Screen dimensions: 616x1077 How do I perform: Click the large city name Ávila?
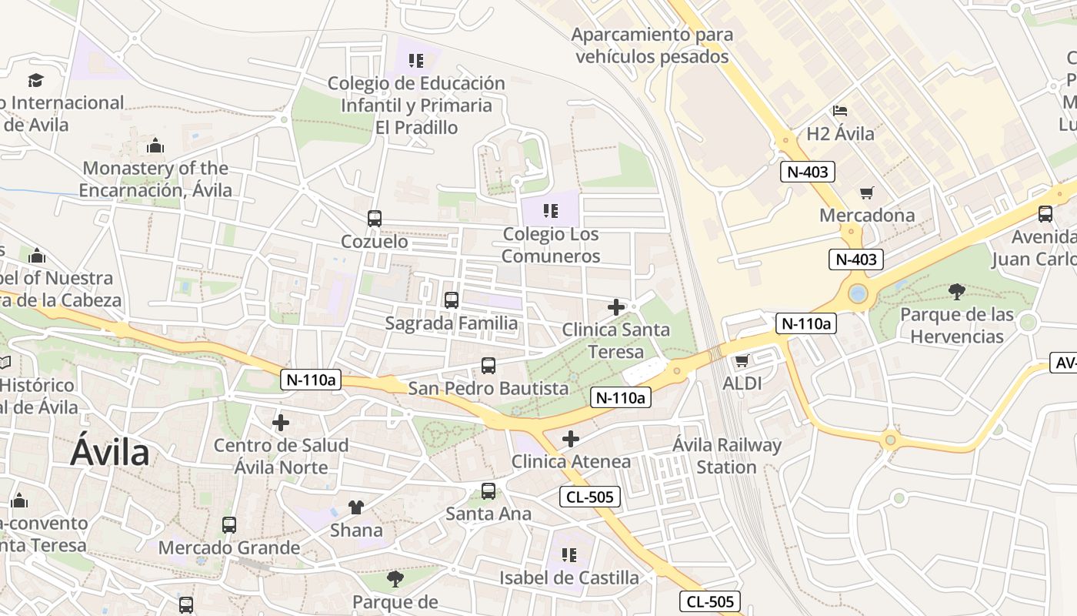point(109,453)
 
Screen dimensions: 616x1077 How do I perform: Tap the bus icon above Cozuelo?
point(374,219)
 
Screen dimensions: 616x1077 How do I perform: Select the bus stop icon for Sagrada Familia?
point(451,300)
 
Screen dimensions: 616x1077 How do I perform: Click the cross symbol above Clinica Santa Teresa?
point(615,307)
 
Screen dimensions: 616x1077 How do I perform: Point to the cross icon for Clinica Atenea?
point(570,439)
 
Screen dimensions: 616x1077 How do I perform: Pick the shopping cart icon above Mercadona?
point(867,192)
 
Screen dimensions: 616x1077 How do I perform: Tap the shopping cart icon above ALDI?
point(742,360)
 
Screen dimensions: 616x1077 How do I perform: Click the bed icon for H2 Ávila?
point(839,111)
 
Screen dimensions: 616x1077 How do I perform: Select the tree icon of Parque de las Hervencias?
point(956,291)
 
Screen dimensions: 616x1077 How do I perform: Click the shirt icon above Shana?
point(355,507)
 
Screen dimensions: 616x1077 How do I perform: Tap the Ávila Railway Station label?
point(726,456)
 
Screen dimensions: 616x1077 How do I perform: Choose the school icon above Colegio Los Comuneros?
point(549,210)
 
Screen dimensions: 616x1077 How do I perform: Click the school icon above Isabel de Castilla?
point(569,554)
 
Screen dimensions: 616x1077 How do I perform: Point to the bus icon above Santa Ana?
point(488,490)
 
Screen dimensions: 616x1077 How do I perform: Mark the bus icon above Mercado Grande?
point(228,525)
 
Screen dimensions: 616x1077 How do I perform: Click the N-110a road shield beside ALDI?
point(805,323)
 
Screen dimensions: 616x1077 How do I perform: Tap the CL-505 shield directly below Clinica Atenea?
point(589,497)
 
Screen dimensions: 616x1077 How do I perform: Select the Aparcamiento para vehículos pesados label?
point(652,45)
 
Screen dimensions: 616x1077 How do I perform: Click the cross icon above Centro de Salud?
point(281,422)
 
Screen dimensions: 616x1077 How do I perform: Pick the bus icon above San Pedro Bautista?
point(488,366)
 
